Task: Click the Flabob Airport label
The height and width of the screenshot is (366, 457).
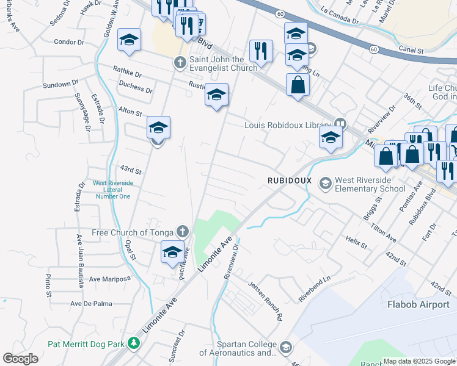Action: (x=422, y=303)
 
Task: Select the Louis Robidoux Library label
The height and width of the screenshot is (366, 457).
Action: (x=287, y=125)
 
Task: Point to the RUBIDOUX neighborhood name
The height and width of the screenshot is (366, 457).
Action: (x=290, y=181)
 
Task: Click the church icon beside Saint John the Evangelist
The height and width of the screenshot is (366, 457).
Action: (x=180, y=62)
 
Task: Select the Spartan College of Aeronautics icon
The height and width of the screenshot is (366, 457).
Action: (x=285, y=348)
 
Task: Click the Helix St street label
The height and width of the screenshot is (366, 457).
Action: (x=356, y=242)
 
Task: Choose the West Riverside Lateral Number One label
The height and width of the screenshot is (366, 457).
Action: (x=112, y=189)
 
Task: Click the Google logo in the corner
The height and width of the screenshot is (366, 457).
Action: (x=20, y=359)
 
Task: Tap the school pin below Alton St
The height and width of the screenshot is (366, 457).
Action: (x=158, y=127)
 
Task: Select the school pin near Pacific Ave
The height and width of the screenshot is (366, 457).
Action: (x=173, y=251)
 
